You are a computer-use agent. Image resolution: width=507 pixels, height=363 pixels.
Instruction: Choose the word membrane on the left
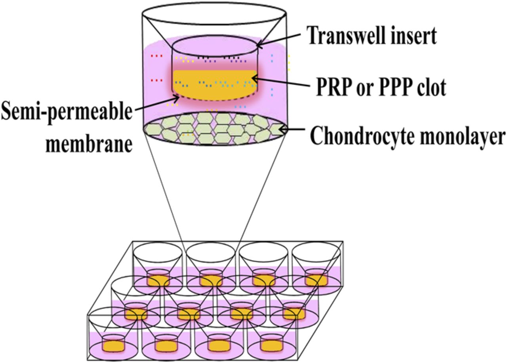pos(88,144)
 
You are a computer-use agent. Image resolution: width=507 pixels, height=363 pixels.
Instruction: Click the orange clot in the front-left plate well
pos(114,346)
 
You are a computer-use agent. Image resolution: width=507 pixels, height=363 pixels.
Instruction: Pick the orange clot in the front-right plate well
pos(272,345)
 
